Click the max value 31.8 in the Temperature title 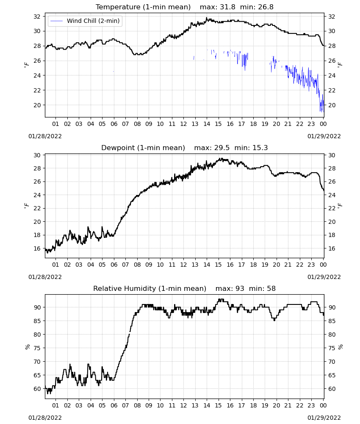pyautogui.click(x=227, y=7)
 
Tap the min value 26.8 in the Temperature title pyautogui.click(x=266, y=7)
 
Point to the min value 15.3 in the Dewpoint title pyautogui.click(x=260, y=148)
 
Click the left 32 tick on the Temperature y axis pyautogui.click(x=37, y=17)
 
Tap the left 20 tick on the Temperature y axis pyautogui.click(x=37, y=105)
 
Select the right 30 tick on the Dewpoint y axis pyautogui.click(x=332, y=155)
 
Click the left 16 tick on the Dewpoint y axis pyautogui.click(x=37, y=248)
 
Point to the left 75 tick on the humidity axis pyautogui.click(x=37, y=348)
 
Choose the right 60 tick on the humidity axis pyautogui.click(x=332, y=389)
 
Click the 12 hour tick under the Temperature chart pyautogui.click(x=184, y=124)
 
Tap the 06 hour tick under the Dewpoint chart pyautogui.click(x=114, y=265)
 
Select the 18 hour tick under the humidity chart pyautogui.click(x=253, y=405)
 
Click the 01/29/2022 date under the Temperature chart pyautogui.click(x=324, y=136)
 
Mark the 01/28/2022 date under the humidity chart pyautogui.click(x=45, y=418)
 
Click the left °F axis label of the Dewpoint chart pyautogui.click(x=26, y=206)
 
